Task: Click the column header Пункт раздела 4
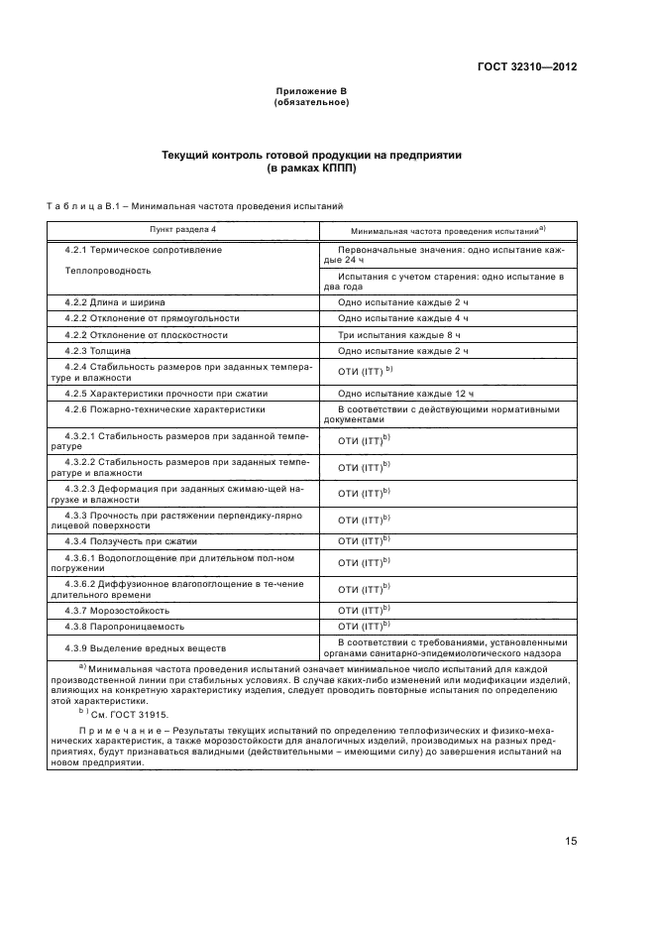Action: click(x=182, y=229)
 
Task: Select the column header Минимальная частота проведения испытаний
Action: click(x=442, y=230)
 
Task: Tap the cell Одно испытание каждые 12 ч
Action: click(x=399, y=394)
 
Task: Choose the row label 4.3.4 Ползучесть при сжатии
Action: click(x=132, y=541)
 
